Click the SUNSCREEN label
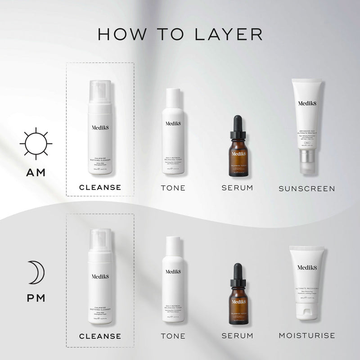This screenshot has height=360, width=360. (x=307, y=189)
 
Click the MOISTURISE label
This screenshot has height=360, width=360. (x=306, y=335)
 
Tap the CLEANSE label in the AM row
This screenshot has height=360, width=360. (x=100, y=187)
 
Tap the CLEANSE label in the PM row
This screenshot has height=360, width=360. (x=100, y=336)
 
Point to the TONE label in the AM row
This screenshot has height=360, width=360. (x=173, y=188)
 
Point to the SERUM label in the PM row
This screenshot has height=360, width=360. (x=237, y=336)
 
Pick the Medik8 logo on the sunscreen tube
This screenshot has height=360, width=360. (x=307, y=103)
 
